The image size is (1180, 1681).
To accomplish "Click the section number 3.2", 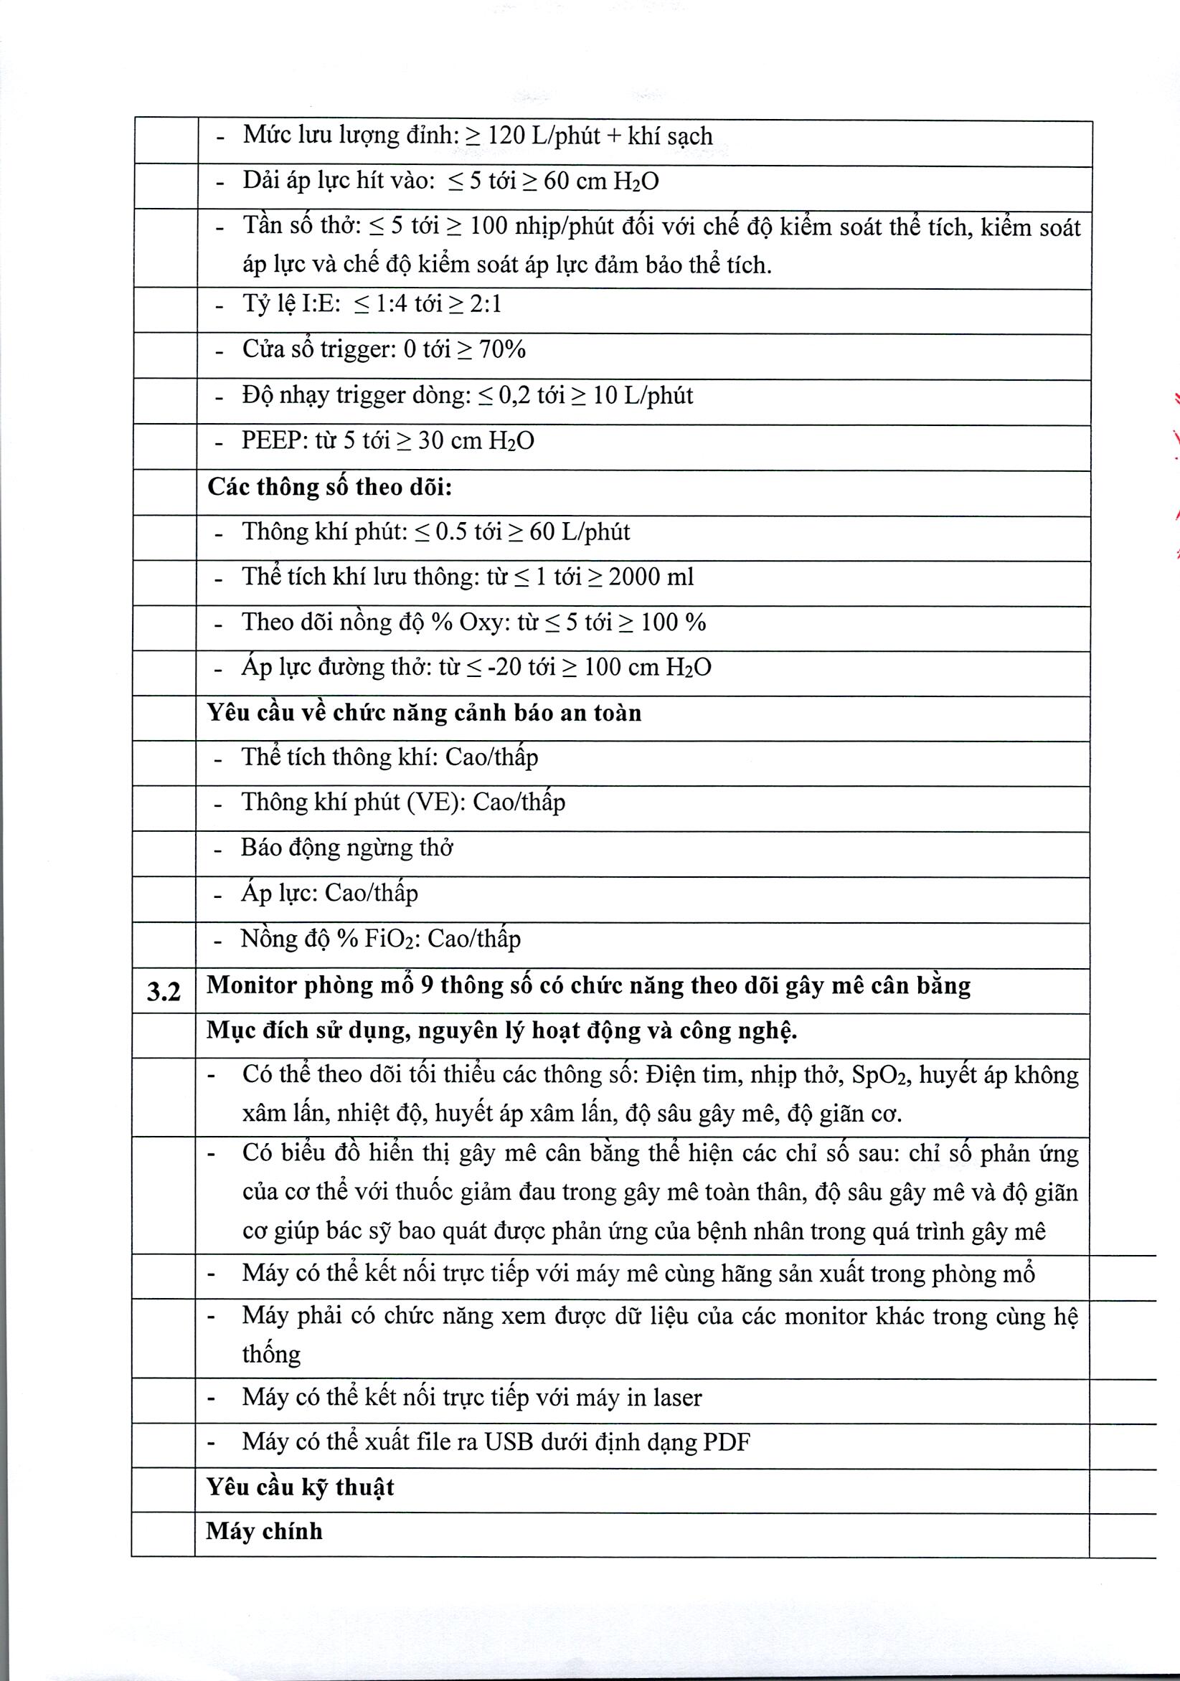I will click(164, 991).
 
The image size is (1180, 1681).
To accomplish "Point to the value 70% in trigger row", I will click(502, 349).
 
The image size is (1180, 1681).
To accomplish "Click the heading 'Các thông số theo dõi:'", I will click(329, 487).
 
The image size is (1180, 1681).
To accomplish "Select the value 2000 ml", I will click(651, 577).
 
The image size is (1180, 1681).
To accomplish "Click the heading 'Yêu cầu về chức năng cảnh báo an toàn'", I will click(424, 712).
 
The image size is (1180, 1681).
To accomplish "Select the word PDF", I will click(727, 1442).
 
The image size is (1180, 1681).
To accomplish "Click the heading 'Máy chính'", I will click(265, 1531).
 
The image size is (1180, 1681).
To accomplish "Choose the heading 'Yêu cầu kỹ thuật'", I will click(301, 1487).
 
